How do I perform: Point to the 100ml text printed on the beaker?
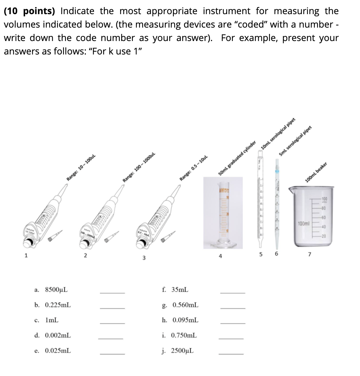(x=304, y=224)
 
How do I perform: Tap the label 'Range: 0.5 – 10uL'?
(x=194, y=168)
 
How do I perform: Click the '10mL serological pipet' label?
(x=278, y=133)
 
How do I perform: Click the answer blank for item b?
(x=112, y=308)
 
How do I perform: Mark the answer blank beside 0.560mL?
(x=232, y=308)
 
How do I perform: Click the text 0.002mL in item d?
(x=58, y=335)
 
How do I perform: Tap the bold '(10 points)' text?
(x=29, y=11)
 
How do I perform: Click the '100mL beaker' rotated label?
(x=317, y=173)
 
